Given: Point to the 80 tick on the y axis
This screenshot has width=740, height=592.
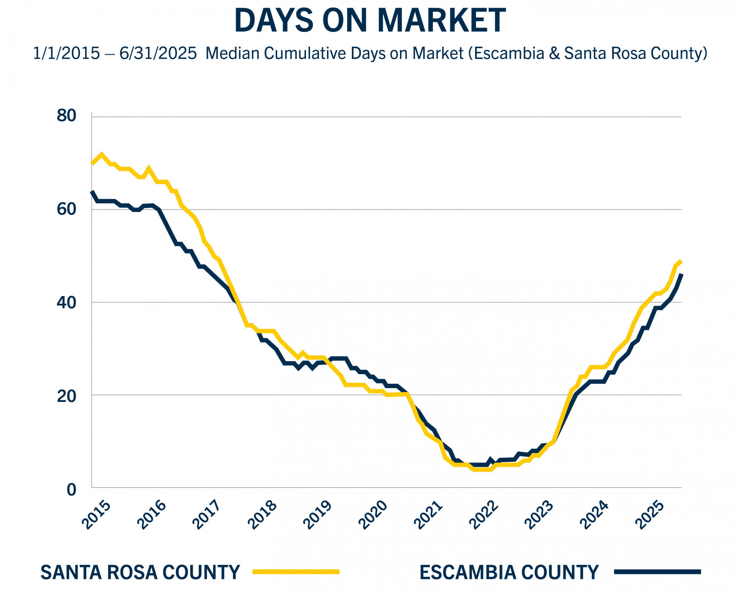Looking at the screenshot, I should pos(66,116).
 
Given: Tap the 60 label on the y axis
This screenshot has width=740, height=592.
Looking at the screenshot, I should pos(66,209).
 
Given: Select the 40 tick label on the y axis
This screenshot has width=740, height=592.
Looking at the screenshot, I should pos(66,302).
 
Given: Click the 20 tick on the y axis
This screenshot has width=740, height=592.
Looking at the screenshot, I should pos(66,396).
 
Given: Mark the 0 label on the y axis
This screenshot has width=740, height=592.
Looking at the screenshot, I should pos(71,490).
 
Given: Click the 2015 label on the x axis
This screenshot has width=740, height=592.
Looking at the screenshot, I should pos(96,515).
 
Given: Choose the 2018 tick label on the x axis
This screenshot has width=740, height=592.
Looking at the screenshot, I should pos(262,515).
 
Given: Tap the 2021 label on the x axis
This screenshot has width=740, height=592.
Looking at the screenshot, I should pos(428,515).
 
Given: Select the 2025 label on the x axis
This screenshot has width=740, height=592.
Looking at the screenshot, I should pos(650,515).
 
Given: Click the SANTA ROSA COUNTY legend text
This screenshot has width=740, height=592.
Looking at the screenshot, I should pos(140,572).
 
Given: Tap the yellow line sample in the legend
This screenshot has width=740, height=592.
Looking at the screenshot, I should pos(296,572).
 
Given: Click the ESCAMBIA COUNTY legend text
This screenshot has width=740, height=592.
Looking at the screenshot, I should pos(509,572).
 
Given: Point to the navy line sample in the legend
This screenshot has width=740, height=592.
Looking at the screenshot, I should pos(657,572).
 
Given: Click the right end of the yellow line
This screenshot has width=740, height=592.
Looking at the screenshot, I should pos(681,262).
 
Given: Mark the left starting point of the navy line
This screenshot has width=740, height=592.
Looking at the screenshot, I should pos(92,192).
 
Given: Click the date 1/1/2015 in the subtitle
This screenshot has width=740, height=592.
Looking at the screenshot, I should pos(66,53).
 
